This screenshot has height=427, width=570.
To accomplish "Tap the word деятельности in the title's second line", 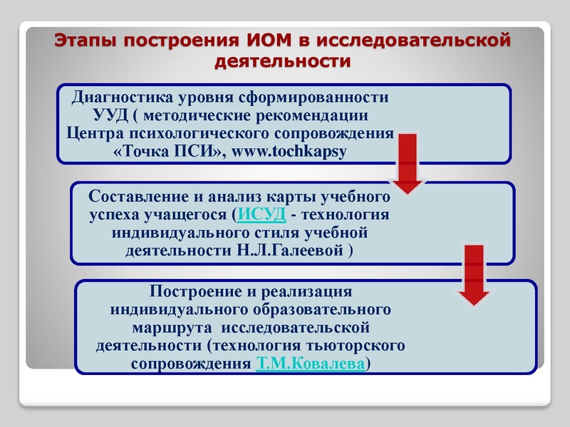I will point(283,61).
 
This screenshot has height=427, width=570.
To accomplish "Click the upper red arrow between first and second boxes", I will point(407,167).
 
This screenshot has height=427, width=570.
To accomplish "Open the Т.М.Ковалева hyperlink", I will point(310,363).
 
